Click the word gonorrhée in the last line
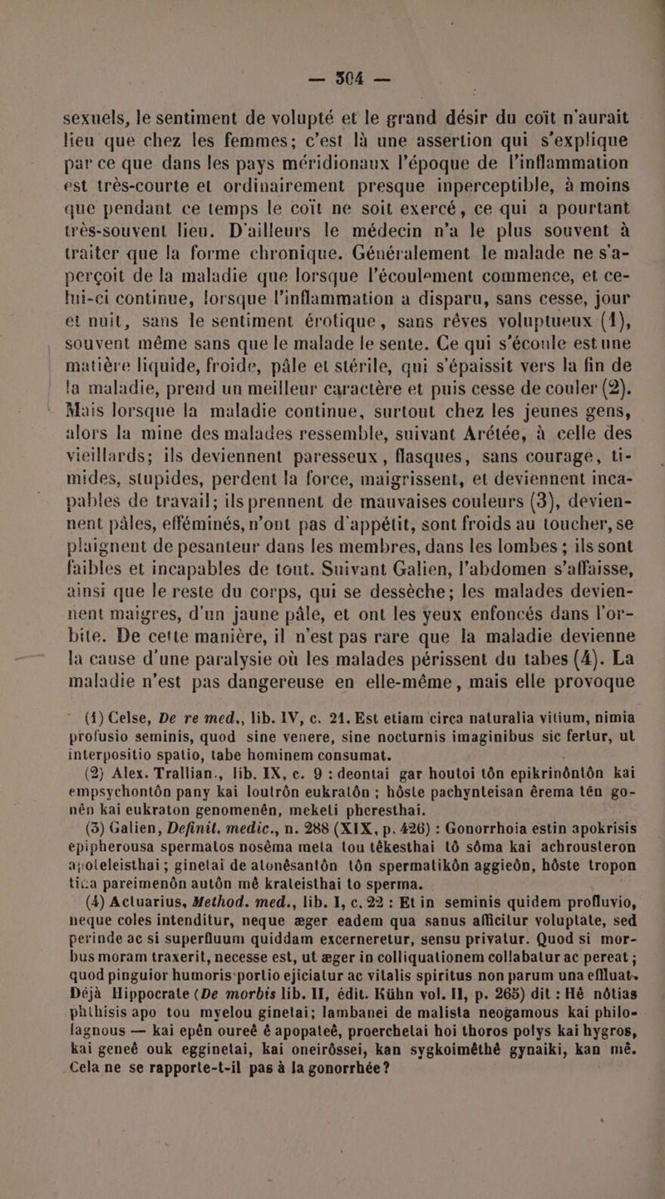click(315, 1177)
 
